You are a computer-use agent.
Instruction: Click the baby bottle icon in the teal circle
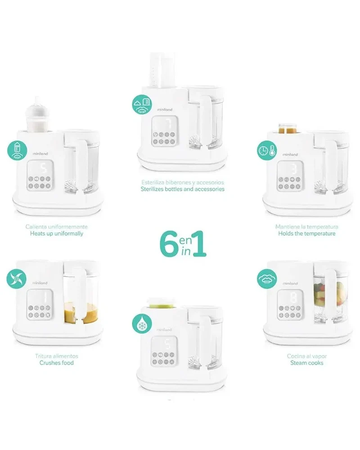coord(17,150)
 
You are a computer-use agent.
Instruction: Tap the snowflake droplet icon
coord(142,324)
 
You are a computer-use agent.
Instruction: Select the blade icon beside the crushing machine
coord(16,279)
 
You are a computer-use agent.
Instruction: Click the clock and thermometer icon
coord(267,150)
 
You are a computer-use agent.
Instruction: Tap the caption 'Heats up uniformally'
coord(57,234)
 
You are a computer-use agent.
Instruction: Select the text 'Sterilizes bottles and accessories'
coord(183,189)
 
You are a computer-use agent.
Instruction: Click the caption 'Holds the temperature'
coord(307,234)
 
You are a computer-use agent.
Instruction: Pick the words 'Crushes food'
coord(57,363)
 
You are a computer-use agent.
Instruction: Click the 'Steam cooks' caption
coord(307,363)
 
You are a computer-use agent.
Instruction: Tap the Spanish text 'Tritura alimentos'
coord(57,356)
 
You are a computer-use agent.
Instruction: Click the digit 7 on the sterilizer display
coord(168,124)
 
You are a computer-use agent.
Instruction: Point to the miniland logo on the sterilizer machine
coord(165,109)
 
